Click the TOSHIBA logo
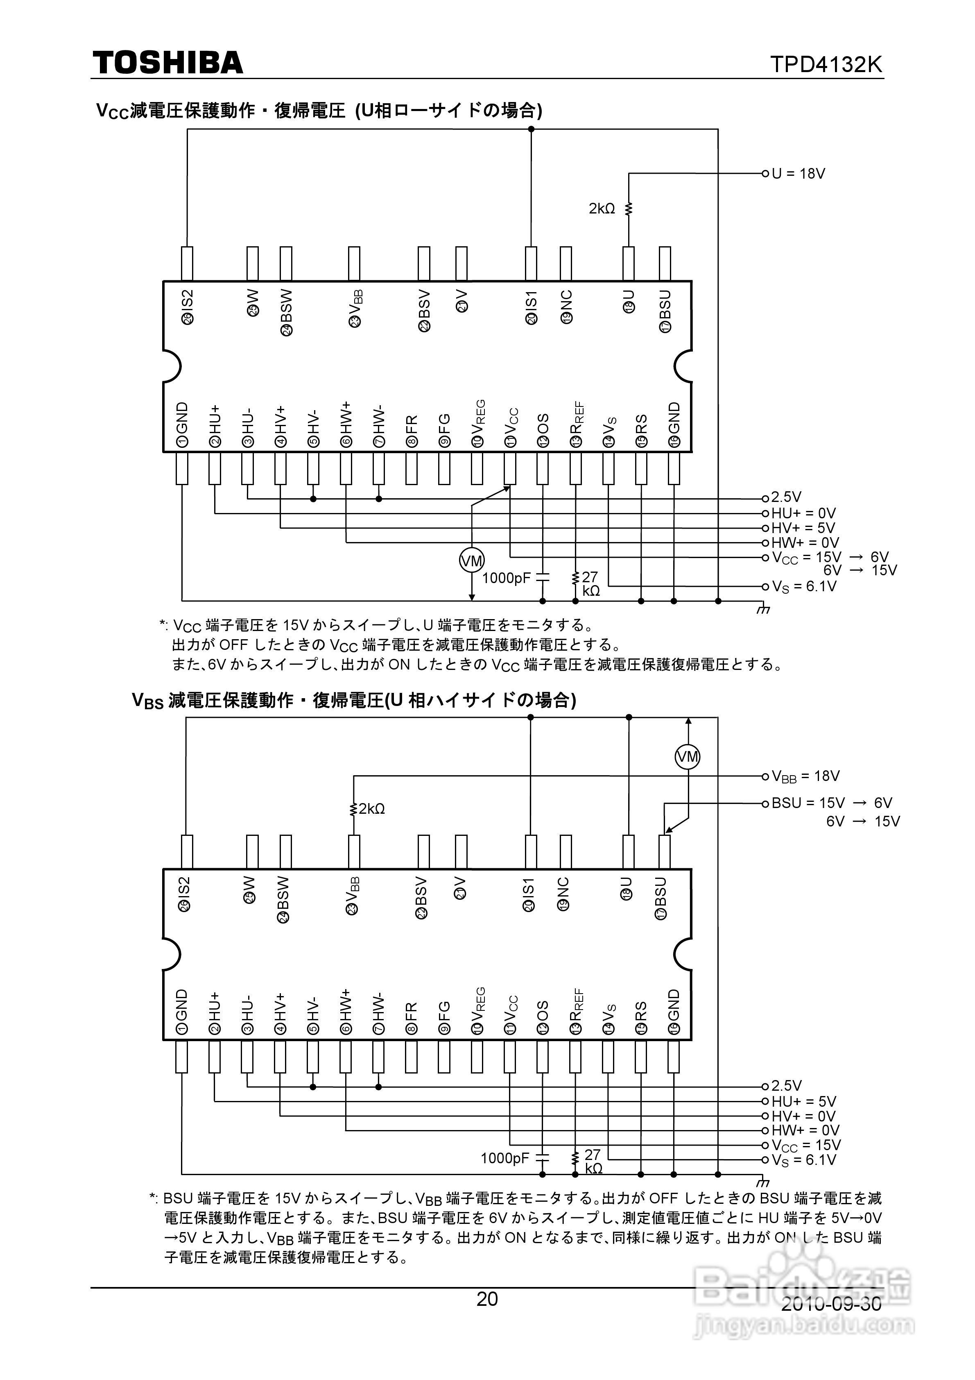click(167, 63)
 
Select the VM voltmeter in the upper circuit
click(472, 561)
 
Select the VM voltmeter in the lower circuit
click(688, 756)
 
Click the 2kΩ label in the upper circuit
click(602, 209)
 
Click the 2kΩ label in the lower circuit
click(372, 808)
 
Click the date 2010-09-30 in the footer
click(831, 1304)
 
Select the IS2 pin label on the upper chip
click(188, 308)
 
